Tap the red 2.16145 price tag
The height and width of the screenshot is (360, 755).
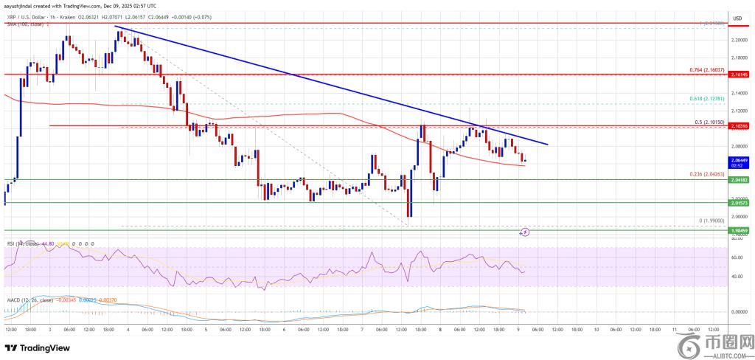[740, 75]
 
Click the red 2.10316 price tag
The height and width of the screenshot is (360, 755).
[740, 127]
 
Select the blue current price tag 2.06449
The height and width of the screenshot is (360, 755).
[740, 159]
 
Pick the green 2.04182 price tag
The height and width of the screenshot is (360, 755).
[740, 180]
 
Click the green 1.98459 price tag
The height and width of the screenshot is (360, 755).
[740, 231]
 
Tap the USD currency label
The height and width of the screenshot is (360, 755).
[737, 18]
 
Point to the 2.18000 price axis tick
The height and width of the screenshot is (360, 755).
[740, 57]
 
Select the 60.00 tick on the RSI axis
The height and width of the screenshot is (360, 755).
[737, 258]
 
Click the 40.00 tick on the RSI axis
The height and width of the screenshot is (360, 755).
[737, 277]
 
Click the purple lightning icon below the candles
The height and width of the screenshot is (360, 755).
[525, 232]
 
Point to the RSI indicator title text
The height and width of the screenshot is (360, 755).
[22, 242]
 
